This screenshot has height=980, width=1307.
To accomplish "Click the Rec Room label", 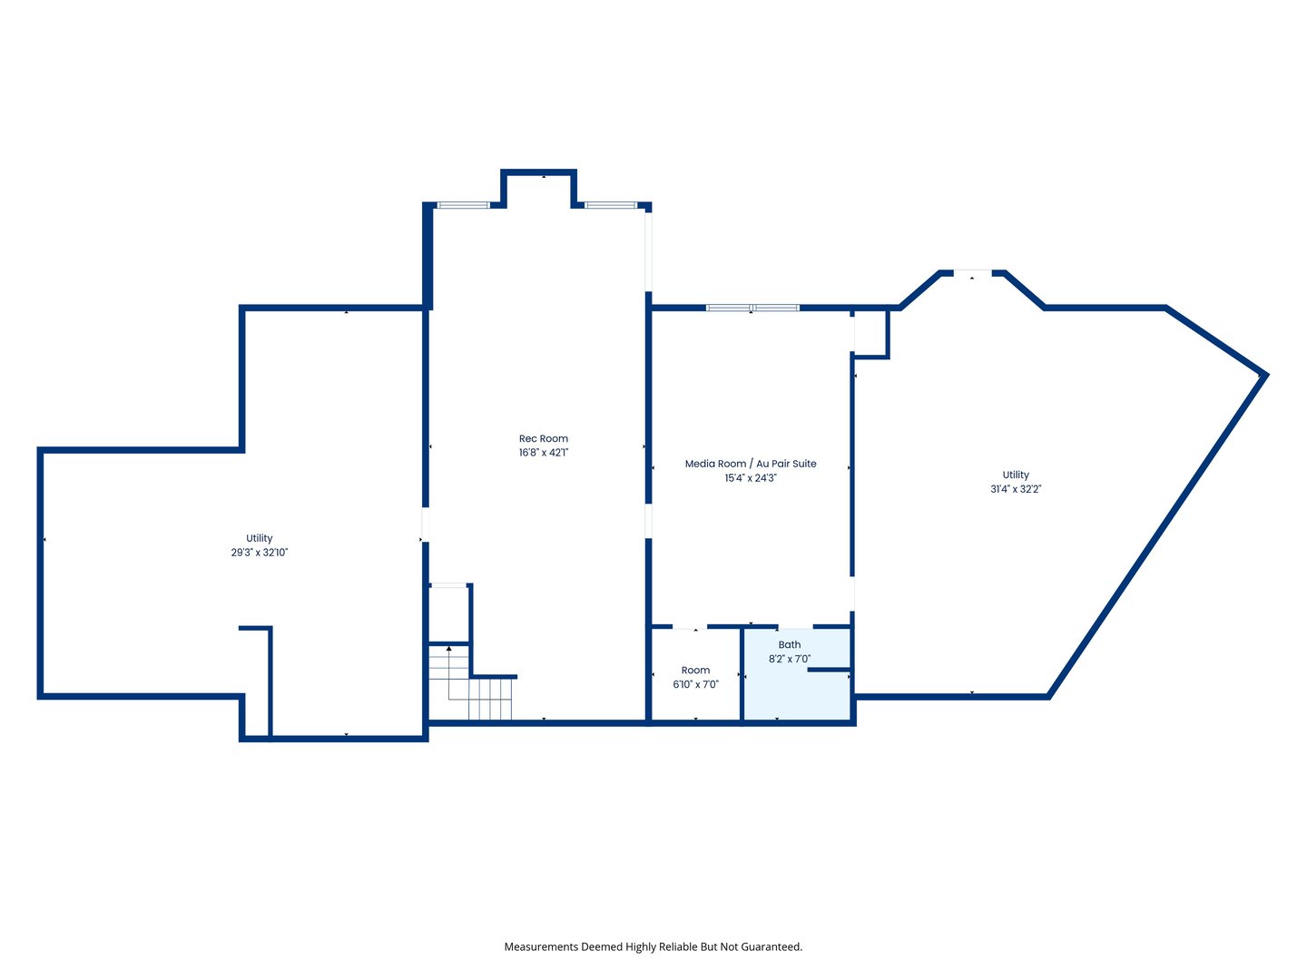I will tap(543, 438).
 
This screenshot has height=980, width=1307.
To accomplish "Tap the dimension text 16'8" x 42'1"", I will tap(543, 453).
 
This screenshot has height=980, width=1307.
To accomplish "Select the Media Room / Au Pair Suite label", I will tap(750, 464).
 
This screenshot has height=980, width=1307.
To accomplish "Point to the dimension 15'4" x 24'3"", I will tap(750, 478).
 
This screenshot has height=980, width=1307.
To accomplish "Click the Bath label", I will tap(789, 645).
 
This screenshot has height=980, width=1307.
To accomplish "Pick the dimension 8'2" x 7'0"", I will tap(789, 660).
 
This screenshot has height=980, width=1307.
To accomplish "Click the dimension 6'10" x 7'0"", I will tap(695, 685).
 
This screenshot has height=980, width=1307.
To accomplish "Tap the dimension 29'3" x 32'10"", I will tap(259, 553).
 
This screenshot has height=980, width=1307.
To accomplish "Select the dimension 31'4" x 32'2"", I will tap(1015, 489).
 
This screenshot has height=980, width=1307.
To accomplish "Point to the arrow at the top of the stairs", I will tap(448, 650).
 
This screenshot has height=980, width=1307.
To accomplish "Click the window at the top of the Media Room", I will tap(752, 308).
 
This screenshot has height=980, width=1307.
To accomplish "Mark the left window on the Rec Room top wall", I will tap(463, 205).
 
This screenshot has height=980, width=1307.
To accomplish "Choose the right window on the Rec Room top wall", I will tap(610, 205).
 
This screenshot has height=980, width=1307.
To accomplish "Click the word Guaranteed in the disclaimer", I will tap(770, 946).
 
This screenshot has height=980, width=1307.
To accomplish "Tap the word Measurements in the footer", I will tap(541, 946).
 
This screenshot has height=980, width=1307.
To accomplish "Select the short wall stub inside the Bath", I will tap(828, 670).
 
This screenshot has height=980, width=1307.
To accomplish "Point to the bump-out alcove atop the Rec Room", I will tap(539, 189).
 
